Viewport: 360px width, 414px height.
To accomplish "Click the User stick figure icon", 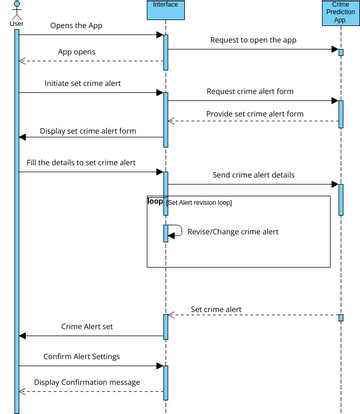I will tap(16, 9).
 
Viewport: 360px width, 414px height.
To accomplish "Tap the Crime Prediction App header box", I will tap(340, 13).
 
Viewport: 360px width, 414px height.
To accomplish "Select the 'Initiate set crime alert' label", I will tap(83, 83).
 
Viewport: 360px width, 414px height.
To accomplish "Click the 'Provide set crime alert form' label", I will tap(254, 113).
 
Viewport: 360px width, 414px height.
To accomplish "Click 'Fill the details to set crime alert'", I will tap(90, 161).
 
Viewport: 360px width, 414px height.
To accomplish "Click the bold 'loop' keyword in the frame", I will tap(155, 201).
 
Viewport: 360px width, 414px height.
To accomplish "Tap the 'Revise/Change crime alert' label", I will tap(231, 232).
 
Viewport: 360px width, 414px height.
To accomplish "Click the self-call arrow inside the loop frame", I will tap(176, 230).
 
